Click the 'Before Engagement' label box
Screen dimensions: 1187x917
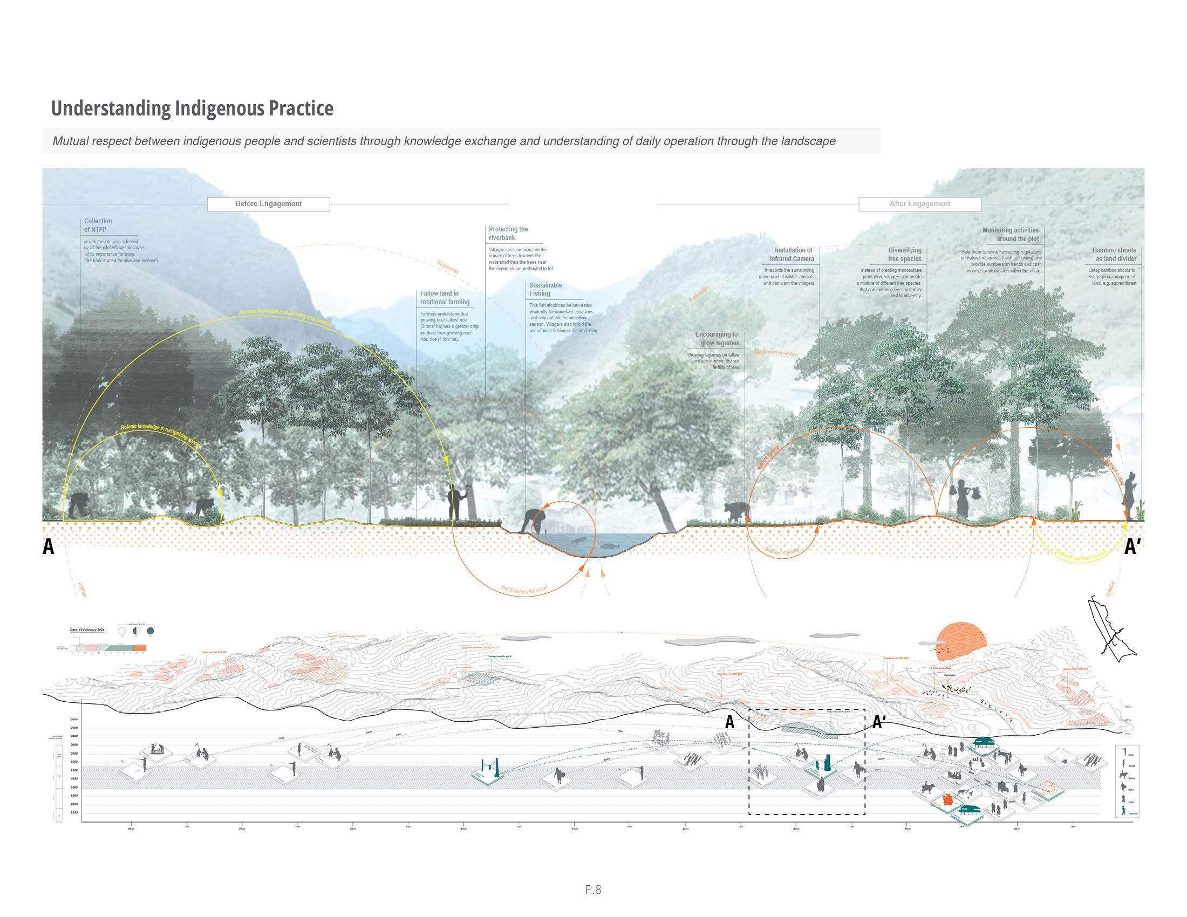tap(268, 204)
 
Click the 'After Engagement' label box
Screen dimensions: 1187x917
tap(919, 204)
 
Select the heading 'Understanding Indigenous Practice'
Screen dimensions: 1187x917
tap(192, 108)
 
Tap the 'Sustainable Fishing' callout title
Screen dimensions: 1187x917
tap(545, 289)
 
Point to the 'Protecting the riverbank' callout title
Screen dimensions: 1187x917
tap(508, 234)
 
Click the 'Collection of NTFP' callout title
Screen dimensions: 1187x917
tap(98, 225)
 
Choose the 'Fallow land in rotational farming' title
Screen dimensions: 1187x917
tap(444, 298)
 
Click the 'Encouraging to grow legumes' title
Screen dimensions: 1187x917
tap(717, 338)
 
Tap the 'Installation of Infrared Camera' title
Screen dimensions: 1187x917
tap(792, 254)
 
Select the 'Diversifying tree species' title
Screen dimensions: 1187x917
tap(904, 254)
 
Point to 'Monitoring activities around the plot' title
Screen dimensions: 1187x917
tap(1011, 235)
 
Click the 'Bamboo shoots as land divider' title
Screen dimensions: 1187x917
tap(1114, 254)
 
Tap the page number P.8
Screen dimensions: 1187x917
tap(593, 889)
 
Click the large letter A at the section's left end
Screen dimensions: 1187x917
tap(49, 546)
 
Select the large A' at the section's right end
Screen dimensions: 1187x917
tap(1132, 546)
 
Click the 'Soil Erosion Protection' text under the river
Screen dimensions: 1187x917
tap(524, 590)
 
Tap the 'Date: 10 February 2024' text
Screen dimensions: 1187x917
tap(87, 629)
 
